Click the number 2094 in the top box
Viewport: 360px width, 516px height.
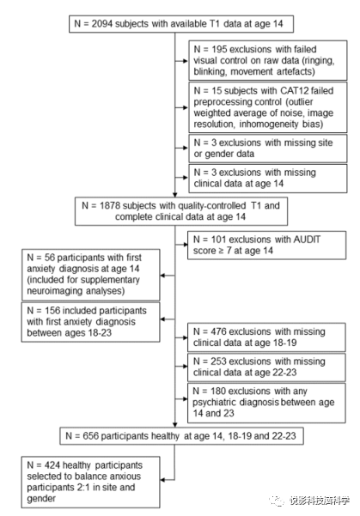102,24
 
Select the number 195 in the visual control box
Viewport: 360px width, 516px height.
219,49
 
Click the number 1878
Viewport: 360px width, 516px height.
111,206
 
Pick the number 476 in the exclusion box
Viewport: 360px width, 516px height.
219,331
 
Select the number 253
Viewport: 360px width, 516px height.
219,361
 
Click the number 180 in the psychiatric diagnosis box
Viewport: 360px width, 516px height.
218,392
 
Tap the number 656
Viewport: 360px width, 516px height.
91,436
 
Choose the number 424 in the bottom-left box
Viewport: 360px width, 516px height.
52,465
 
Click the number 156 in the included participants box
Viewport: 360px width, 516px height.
52,311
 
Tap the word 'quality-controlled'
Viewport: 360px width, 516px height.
211,206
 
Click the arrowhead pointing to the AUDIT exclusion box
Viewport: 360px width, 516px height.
186,245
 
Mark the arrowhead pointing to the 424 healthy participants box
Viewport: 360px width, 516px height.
162,480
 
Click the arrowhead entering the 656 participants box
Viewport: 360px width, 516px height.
175,425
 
